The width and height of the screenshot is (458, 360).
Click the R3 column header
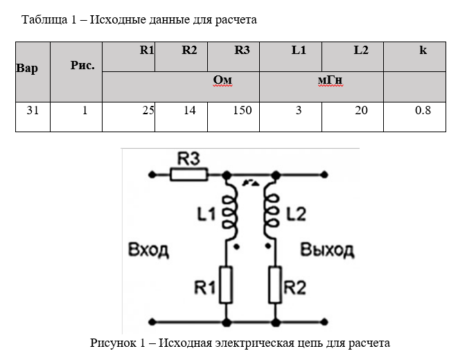[242, 51]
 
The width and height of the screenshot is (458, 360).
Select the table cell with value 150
[242, 110]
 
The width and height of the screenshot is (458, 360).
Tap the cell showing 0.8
[423, 110]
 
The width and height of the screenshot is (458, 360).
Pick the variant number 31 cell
[33, 110]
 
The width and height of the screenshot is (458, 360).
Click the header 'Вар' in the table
[27, 69]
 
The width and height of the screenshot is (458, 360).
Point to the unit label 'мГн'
[331, 81]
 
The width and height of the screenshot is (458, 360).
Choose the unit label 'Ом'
[222, 81]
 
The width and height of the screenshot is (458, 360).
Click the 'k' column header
[423, 51]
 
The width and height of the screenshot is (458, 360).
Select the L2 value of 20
[361, 110]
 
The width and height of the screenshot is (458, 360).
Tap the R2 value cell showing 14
[190, 110]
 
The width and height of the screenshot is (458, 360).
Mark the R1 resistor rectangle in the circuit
[225, 285]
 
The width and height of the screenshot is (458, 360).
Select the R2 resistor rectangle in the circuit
[275, 285]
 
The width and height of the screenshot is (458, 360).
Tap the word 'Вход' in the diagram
[148, 250]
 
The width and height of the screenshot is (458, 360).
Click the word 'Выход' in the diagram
[326, 249]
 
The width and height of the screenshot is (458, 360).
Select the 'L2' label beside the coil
[295, 215]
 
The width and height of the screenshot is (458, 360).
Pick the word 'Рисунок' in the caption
[113, 343]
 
